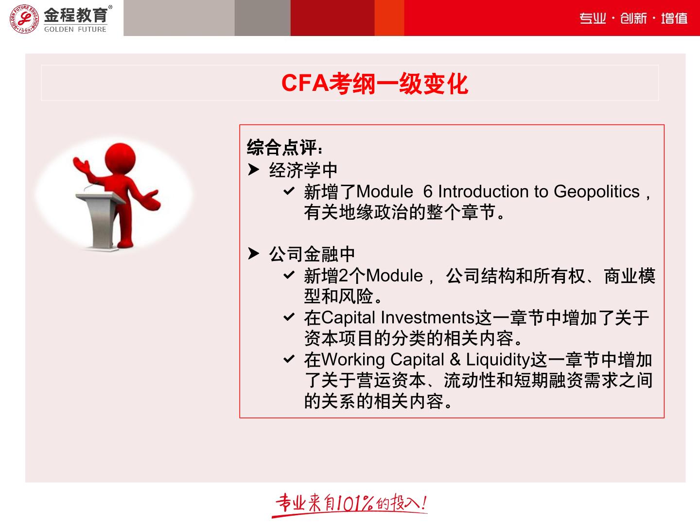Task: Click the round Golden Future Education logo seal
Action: point(24,19)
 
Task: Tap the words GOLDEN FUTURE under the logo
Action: point(75,29)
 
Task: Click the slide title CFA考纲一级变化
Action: point(375,84)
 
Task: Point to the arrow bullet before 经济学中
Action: point(254,170)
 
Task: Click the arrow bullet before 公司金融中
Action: point(254,253)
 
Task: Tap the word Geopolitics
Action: point(596,192)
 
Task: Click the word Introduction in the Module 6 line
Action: point(484,192)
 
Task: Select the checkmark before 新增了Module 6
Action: point(289,191)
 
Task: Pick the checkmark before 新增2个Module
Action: point(289,275)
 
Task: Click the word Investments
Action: point(427,317)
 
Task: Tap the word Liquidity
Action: point(498,360)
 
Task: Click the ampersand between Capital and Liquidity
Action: point(455,360)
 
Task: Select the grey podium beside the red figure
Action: point(100,220)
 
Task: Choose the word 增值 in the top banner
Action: point(674,18)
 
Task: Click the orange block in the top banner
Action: point(389,18)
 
